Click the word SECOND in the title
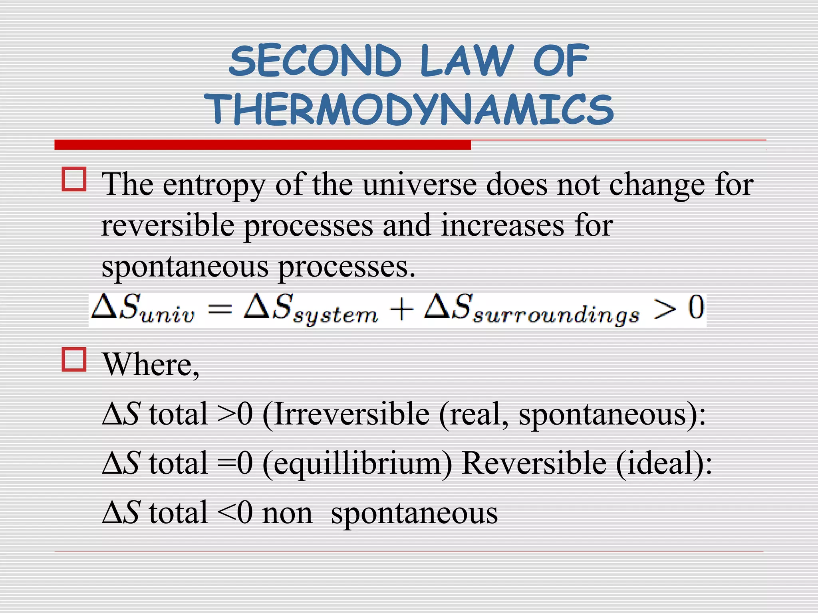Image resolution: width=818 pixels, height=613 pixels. (315, 61)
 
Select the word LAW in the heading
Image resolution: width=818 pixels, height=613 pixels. (466, 61)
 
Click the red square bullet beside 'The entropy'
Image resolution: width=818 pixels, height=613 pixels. (74, 179)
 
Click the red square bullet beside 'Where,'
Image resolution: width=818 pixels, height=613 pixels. (74, 360)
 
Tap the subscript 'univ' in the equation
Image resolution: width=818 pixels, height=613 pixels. (168, 315)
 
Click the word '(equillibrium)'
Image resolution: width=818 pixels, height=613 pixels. (357, 464)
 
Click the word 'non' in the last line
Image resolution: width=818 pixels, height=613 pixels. (287, 513)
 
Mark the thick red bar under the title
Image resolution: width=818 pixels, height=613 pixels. (262, 145)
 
